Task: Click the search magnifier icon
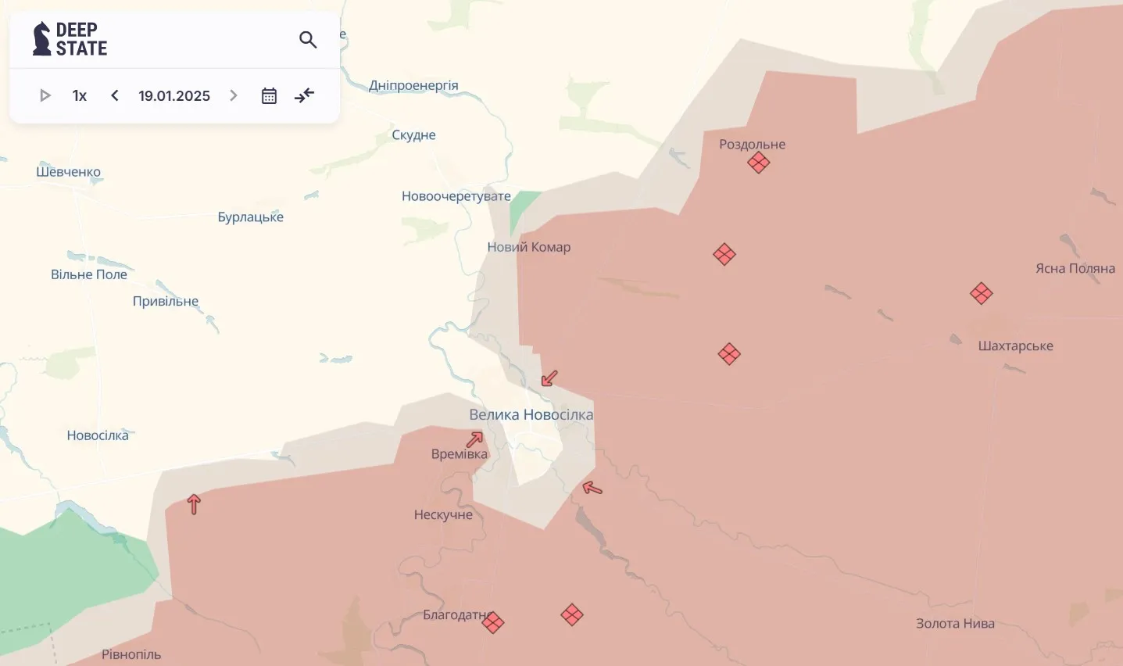pyautogui.click(x=308, y=39)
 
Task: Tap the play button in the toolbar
pyautogui.click(x=45, y=95)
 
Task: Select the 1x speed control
pyautogui.click(x=79, y=95)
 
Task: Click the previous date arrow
pyautogui.click(x=115, y=95)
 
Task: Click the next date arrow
pyautogui.click(x=233, y=95)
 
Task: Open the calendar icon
pyautogui.click(x=269, y=95)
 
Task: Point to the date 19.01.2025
pyautogui.click(x=174, y=95)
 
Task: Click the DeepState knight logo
pyautogui.click(x=41, y=38)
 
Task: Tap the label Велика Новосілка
pyautogui.click(x=531, y=414)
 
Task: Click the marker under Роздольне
pyautogui.click(x=758, y=163)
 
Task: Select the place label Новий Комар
pyautogui.click(x=529, y=247)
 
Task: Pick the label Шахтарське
pyautogui.click(x=1015, y=346)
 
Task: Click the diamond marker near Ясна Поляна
pyautogui.click(x=981, y=293)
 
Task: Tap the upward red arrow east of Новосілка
pyautogui.click(x=194, y=504)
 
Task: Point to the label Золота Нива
pyautogui.click(x=955, y=623)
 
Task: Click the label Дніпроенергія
pyautogui.click(x=413, y=85)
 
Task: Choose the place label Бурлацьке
pyautogui.click(x=250, y=217)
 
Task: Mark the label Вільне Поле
pyautogui.click(x=89, y=274)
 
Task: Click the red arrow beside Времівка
pyautogui.click(x=474, y=439)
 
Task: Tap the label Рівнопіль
pyautogui.click(x=131, y=654)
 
